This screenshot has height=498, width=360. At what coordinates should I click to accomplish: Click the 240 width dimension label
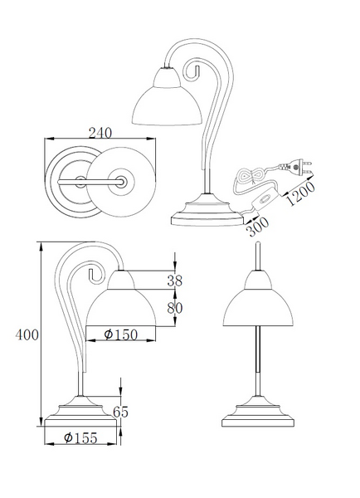100,133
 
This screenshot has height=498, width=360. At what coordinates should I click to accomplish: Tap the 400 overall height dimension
27,334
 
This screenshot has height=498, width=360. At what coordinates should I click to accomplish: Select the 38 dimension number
175,281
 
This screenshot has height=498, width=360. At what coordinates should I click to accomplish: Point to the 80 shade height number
175,307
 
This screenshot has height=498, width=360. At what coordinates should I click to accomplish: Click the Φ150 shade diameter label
121,334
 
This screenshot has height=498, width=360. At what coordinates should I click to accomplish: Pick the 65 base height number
120,412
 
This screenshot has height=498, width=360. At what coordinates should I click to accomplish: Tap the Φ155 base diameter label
80,438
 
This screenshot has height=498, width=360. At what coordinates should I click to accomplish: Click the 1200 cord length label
301,193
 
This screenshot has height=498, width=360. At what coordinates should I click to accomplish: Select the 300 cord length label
258,227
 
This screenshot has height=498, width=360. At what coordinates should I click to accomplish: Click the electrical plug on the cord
296,167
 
